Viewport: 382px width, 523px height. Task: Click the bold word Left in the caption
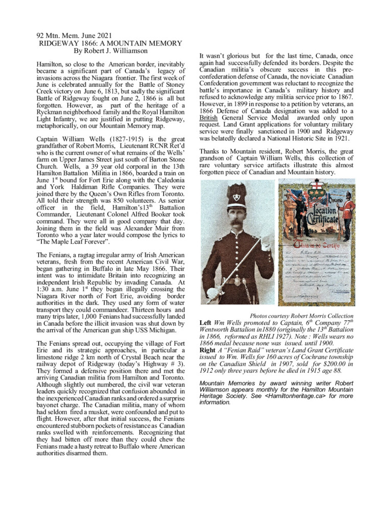(x=205, y=323)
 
